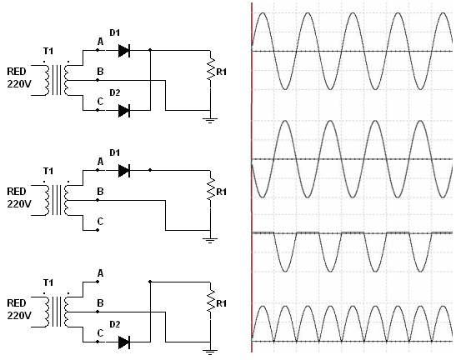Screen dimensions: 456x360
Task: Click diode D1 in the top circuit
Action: [x=124, y=51]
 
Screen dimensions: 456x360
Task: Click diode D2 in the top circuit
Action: [x=124, y=111]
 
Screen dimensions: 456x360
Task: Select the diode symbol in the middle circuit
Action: [x=124, y=170]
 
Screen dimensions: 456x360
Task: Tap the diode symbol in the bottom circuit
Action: [x=124, y=342]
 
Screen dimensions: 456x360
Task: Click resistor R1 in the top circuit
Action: [x=211, y=68]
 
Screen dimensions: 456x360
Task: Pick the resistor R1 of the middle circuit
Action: [x=211, y=189]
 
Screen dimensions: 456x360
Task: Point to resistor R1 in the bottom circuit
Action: [x=211, y=300]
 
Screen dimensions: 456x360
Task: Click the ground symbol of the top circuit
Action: [x=210, y=120]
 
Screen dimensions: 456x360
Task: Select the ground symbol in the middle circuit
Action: [x=210, y=241]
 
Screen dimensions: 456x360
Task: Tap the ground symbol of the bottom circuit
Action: [x=210, y=352]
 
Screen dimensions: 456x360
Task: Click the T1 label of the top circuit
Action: [x=48, y=51]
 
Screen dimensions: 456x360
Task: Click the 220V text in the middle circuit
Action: [x=19, y=204]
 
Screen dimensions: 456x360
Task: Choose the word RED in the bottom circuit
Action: [x=17, y=303]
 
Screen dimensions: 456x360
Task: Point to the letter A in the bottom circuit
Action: [x=100, y=273]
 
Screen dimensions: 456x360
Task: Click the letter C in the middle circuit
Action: [x=100, y=222]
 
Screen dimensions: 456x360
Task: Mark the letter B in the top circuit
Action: [x=100, y=72]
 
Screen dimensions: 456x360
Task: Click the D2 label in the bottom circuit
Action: [x=114, y=324]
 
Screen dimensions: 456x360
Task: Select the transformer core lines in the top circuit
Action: [x=57, y=80]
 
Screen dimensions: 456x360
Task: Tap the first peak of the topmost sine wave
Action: [x=263, y=12]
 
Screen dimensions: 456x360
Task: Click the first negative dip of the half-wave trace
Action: [x=285, y=272]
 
